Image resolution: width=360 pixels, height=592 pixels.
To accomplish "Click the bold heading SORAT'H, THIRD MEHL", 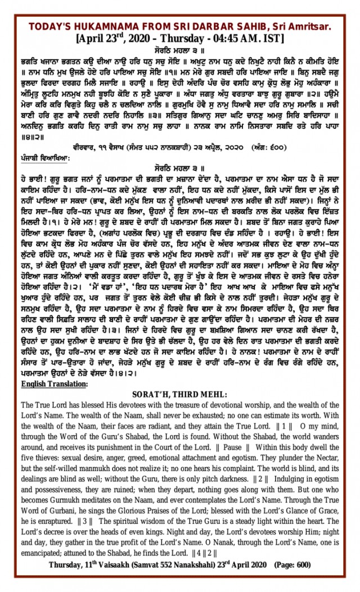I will (179, 394).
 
